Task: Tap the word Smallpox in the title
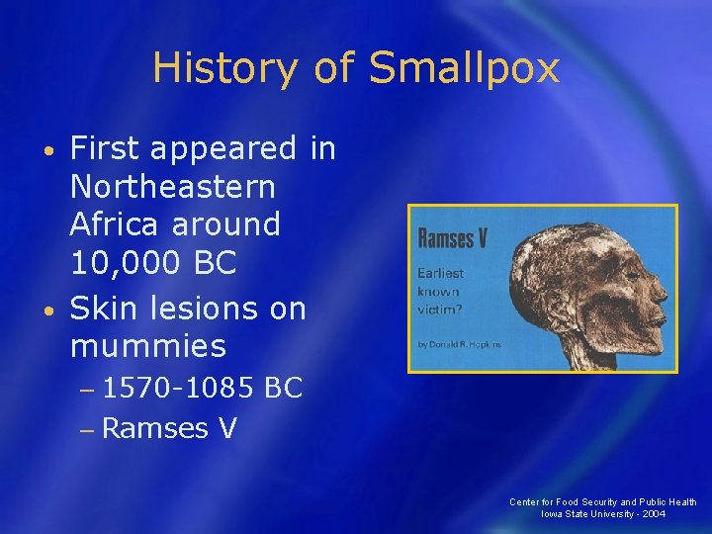point(464,68)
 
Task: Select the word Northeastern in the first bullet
point(172,186)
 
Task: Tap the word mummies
point(148,346)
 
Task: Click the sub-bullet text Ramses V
point(168,428)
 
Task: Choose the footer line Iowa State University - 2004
point(602,514)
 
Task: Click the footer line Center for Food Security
point(602,501)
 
